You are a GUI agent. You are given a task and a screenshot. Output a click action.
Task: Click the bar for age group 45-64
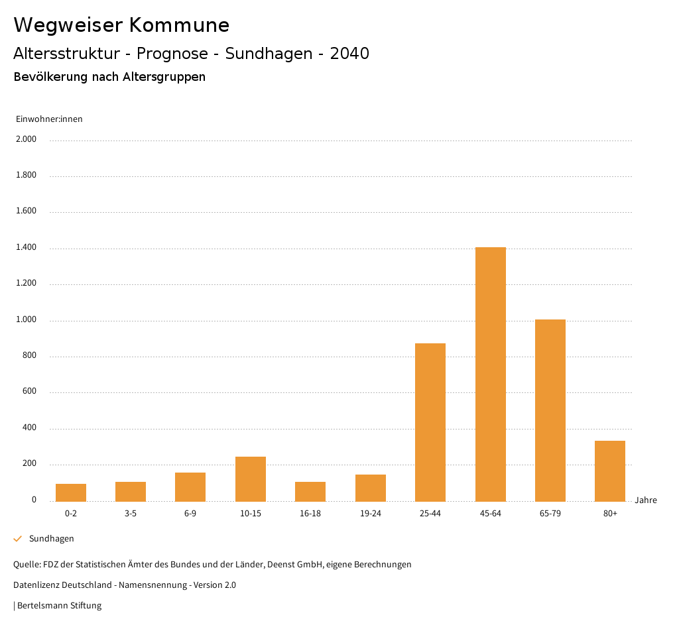(490, 374)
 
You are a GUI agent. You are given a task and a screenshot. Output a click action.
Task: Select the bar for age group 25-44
(430, 422)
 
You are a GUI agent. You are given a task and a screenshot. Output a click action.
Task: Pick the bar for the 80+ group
(610, 471)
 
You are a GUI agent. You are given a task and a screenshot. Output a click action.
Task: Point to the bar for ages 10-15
(251, 479)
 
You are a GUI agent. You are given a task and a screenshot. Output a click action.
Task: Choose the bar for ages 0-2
(71, 492)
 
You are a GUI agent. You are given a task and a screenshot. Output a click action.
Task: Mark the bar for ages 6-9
(190, 486)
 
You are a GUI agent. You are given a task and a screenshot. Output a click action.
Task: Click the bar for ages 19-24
(371, 488)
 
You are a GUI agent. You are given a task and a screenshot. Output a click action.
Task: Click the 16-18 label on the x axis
(310, 514)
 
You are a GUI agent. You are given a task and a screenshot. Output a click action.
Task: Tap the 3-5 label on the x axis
(131, 514)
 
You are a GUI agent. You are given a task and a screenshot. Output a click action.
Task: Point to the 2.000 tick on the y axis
(27, 139)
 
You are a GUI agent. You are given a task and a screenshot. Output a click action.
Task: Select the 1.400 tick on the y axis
(27, 247)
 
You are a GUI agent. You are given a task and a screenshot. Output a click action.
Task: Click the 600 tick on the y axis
(29, 392)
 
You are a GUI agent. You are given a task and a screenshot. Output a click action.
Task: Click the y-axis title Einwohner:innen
(49, 119)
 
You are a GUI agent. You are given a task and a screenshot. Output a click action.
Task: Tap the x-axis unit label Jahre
(646, 500)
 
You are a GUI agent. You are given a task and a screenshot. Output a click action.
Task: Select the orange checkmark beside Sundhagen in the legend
(18, 539)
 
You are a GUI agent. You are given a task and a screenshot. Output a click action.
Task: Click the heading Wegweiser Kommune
(121, 25)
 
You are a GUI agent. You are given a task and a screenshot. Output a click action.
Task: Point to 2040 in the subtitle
(349, 54)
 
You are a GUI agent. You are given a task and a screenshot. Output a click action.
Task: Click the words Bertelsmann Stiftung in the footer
(59, 606)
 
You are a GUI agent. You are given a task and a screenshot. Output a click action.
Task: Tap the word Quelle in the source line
(26, 565)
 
